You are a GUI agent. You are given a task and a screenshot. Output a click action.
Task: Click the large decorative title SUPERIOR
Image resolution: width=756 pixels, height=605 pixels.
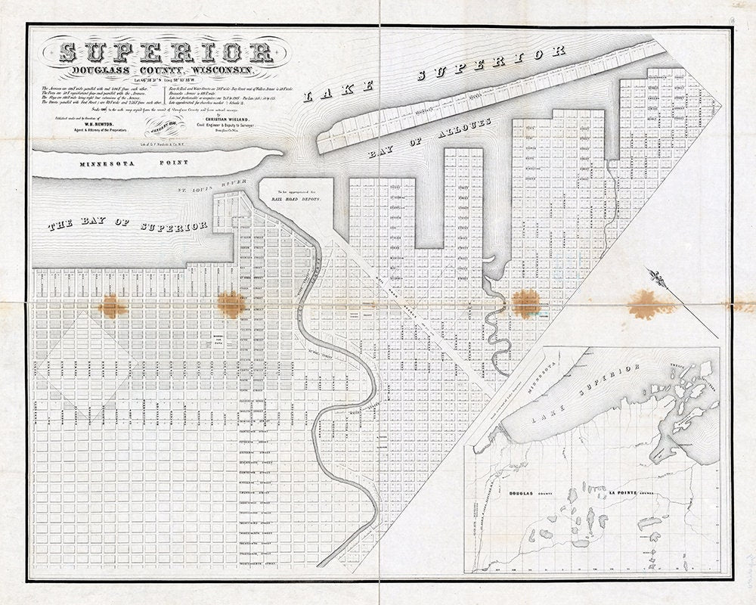(166, 51)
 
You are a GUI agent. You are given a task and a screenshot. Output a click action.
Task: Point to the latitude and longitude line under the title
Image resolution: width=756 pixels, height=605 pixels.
(165, 79)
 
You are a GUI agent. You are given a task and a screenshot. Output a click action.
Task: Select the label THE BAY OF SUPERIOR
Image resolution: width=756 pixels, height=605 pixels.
(128, 225)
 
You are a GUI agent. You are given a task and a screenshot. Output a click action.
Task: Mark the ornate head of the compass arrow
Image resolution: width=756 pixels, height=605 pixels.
(657, 278)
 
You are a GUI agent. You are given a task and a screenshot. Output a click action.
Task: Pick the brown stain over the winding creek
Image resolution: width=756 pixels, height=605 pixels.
(525, 301)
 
